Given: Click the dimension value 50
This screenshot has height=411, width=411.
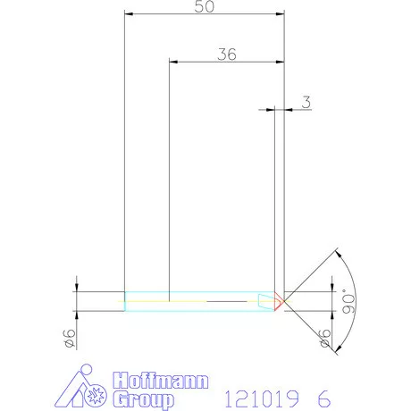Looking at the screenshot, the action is [205, 6].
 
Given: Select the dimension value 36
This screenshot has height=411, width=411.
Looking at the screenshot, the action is [227, 55].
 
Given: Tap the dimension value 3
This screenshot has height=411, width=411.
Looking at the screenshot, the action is [306, 102].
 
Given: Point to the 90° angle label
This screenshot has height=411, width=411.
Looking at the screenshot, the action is [348, 301].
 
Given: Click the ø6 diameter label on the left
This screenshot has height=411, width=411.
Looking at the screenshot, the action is [70, 339].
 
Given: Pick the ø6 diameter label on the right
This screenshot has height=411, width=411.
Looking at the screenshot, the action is [325, 339].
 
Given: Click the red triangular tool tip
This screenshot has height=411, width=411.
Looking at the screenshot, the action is [279, 301].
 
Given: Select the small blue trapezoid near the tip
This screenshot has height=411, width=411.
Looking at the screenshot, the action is [265, 301].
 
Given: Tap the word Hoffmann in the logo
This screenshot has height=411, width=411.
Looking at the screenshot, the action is [161, 381].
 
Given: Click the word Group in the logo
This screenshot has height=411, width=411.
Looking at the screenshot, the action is [144, 399].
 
